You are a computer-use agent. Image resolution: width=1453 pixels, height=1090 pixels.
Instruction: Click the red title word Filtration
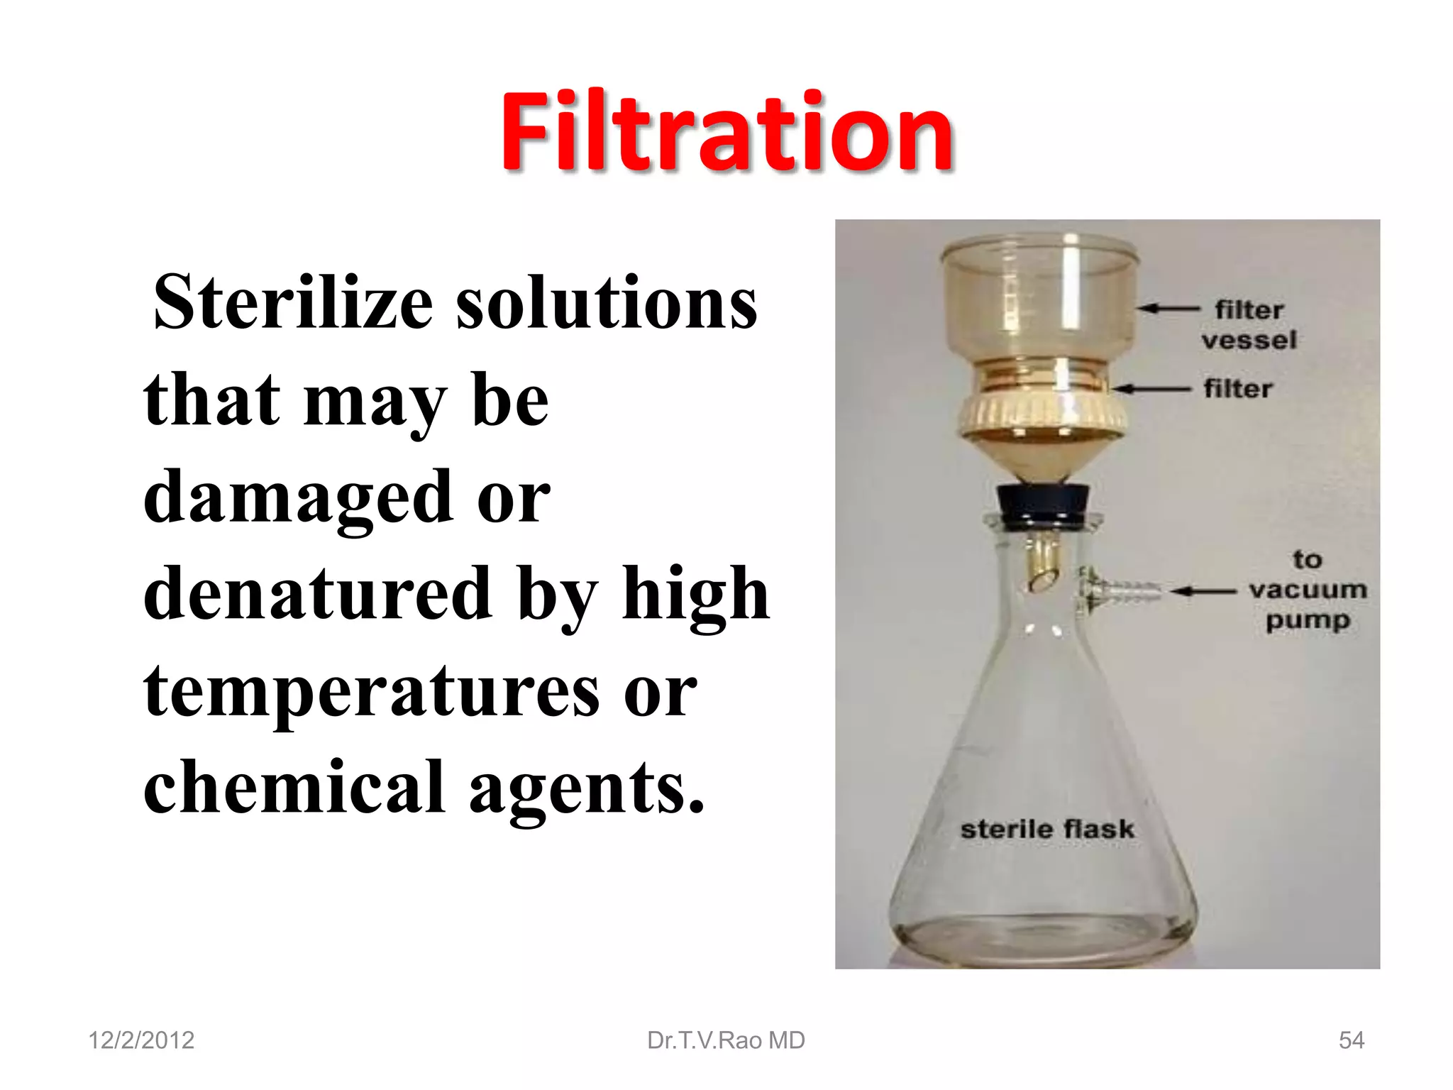pyautogui.click(x=726, y=133)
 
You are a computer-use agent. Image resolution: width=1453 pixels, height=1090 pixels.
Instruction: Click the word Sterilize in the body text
pyautogui.click(x=293, y=303)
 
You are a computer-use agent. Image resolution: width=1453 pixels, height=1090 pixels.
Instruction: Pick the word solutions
pyautogui.click(x=607, y=303)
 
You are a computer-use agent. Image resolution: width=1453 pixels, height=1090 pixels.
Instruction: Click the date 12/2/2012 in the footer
pyautogui.click(x=141, y=1040)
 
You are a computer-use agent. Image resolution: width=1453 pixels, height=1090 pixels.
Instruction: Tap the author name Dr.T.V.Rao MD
pyautogui.click(x=726, y=1040)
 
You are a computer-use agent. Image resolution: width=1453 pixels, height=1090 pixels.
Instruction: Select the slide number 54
pyautogui.click(x=1351, y=1040)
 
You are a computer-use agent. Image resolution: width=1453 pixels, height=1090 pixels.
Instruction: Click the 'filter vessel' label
pyautogui.click(x=1249, y=325)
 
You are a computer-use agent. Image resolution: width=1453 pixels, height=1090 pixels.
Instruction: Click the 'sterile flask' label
pyautogui.click(x=1046, y=829)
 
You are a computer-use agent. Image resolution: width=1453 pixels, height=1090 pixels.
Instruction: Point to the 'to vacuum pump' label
pyautogui.click(x=1308, y=590)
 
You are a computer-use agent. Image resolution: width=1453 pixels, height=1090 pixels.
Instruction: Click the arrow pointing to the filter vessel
pyautogui.click(x=1167, y=309)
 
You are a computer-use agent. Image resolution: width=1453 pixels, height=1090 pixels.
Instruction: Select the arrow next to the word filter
pyautogui.click(x=1151, y=389)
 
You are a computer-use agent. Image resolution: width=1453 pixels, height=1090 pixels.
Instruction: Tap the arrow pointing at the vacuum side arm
pyautogui.click(x=1204, y=590)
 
